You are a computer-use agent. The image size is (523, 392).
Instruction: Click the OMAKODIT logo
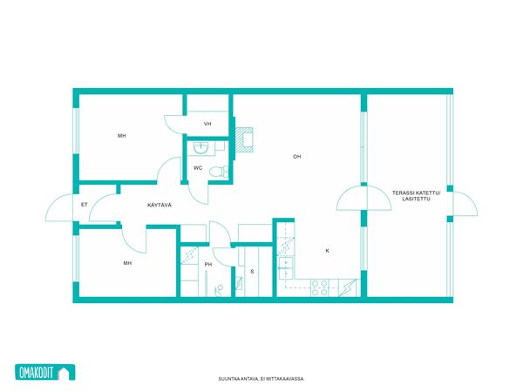(x=45, y=372)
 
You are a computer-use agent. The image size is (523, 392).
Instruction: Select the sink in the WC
(x=200, y=148)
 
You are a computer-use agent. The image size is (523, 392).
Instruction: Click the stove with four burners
(x=320, y=288)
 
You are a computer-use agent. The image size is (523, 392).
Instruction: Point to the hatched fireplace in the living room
(x=244, y=139)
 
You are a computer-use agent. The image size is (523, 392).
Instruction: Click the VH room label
(x=207, y=124)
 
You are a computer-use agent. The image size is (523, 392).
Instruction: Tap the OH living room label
(x=297, y=156)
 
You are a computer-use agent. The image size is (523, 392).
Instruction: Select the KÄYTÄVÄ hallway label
(x=160, y=205)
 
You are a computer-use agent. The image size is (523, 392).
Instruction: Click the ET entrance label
(x=84, y=205)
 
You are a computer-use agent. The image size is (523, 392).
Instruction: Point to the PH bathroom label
(x=208, y=265)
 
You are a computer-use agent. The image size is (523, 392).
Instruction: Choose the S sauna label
(x=252, y=272)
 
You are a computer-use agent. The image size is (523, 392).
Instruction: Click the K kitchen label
(x=327, y=251)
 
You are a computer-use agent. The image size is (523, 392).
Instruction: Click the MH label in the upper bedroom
(x=122, y=136)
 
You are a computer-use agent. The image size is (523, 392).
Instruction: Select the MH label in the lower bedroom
(x=127, y=263)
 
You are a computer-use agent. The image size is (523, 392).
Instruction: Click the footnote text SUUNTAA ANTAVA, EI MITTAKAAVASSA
(x=261, y=379)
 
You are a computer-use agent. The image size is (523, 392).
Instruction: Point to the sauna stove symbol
(x=239, y=284)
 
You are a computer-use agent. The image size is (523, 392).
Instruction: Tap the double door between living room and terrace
(x=363, y=198)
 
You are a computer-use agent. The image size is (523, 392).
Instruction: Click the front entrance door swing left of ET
(x=59, y=207)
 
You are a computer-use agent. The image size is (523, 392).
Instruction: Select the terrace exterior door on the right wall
(x=465, y=204)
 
